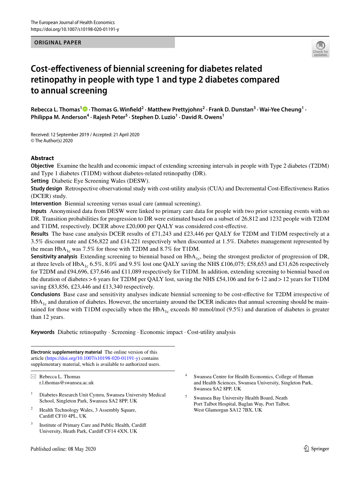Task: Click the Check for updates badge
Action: pyautogui.click(x=320, y=49)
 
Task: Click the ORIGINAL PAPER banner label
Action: pyautogui.click(x=58, y=42)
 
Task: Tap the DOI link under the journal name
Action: pyautogui.click(x=75, y=29)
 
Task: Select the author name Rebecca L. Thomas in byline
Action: pyautogui.click(x=55, y=109)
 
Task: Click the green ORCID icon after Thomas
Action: pyautogui.click(x=85, y=109)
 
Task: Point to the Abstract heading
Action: pyautogui.click(x=42, y=158)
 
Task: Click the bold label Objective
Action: pyautogui.click(x=42, y=166)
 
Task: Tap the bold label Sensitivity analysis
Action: pyautogui.click(x=53, y=257)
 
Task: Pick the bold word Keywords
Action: pyautogui.click(x=43, y=332)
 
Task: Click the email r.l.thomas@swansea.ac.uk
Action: pyautogui.click(x=66, y=382)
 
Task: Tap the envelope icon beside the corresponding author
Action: pyautogui.click(x=33, y=376)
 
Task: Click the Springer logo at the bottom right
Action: pyautogui.click(x=316, y=449)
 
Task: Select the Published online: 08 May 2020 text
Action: pyautogui.click(x=64, y=449)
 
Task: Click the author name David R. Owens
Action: pyautogui.click(x=202, y=117)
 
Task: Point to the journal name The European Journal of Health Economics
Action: pyautogui.click(x=73, y=22)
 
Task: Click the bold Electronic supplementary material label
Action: pyautogui.click(x=66, y=352)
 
